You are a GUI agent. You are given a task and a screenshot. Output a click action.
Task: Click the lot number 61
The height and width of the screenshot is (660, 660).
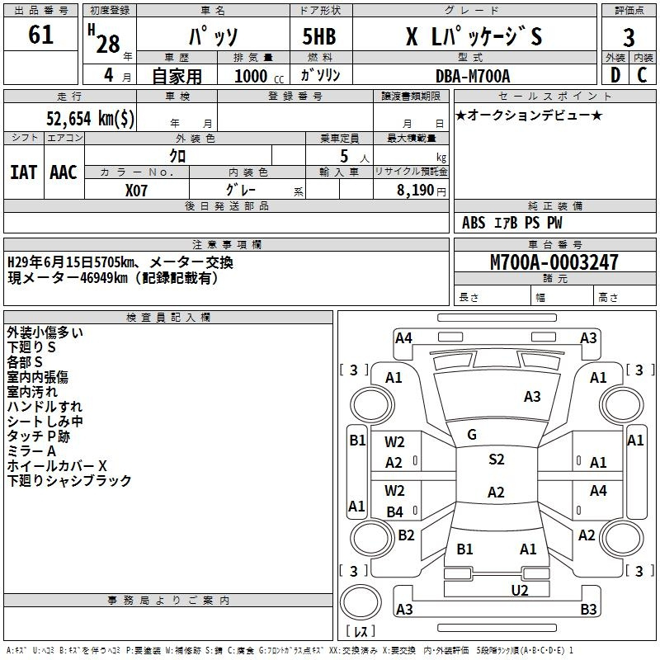click(x=40, y=35)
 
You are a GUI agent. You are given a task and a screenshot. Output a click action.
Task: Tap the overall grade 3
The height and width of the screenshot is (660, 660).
click(x=629, y=37)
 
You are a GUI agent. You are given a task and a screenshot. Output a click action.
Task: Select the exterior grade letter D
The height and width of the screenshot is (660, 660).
click(x=615, y=75)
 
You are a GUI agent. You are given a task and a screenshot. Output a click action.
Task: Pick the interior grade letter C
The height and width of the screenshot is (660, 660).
click(x=642, y=75)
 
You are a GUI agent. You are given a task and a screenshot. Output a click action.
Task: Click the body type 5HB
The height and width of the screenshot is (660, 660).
click(x=319, y=36)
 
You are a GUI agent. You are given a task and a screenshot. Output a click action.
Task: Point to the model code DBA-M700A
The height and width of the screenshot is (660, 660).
click(x=473, y=76)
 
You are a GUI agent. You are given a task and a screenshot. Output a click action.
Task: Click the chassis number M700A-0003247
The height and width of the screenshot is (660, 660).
click(x=554, y=262)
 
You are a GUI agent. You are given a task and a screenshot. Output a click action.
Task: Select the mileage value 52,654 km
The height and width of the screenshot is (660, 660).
click(x=90, y=119)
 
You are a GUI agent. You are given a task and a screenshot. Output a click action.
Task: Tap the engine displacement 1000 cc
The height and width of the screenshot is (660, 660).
click(x=259, y=77)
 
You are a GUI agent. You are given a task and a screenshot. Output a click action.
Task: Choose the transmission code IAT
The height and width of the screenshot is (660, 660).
click(x=24, y=172)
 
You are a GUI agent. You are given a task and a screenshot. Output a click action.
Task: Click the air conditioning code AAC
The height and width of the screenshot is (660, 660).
click(x=64, y=172)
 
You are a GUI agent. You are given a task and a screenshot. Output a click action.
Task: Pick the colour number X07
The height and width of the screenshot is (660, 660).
click(x=136, y=191)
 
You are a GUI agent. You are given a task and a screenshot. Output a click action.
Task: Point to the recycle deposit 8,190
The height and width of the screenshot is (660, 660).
click(x=416, y=191)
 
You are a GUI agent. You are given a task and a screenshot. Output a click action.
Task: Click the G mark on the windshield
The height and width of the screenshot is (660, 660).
click(x=472, y=435)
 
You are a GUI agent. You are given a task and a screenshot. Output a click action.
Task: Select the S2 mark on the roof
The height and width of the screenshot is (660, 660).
click(x=497, y=460)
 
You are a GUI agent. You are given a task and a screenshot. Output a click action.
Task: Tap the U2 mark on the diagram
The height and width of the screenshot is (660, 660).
click(x=520, y=591)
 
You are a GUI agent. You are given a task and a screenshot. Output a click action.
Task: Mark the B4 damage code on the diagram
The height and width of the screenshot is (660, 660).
click(x=395, y=511)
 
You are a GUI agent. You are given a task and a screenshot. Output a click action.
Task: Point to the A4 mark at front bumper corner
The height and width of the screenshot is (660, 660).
click(x=403, y=338)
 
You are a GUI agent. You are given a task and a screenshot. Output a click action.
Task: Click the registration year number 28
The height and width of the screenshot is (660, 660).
click(x=108, y=44)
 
